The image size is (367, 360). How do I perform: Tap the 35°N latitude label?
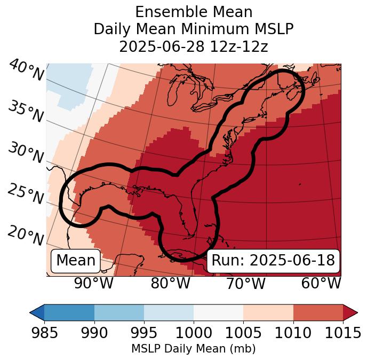tap(25, 111)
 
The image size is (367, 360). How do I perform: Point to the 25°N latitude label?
tap(25, 193)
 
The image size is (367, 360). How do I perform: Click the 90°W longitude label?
tap(94, 283)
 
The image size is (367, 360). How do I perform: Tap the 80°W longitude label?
tap(170, 283)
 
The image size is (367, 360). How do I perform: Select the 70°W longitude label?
tap(245, 283)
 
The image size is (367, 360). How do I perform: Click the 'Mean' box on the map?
tap(76, 261)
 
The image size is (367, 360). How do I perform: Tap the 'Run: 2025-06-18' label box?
tap(273, 261)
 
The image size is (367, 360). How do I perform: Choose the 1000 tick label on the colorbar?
tap(194, 333)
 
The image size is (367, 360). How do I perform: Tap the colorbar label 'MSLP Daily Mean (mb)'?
tap(194, 349)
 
